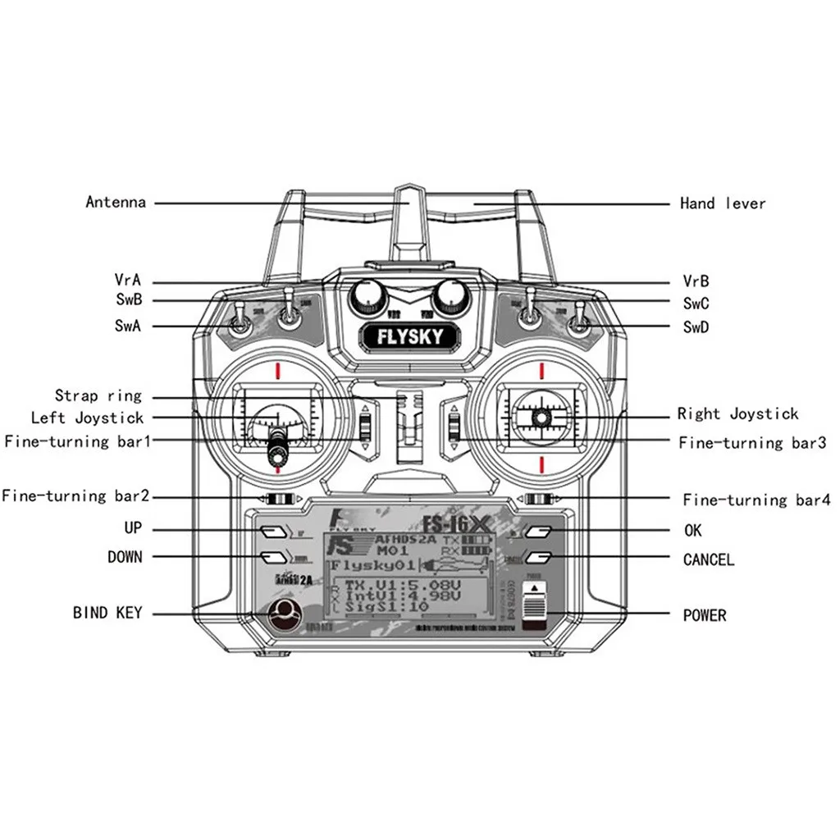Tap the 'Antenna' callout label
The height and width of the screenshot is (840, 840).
(116, 202)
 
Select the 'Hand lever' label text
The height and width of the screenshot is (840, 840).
(722, 203)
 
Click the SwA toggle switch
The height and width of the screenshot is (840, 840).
(240, 324)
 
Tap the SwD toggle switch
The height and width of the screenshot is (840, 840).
(579, 324)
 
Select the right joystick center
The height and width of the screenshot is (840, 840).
(541, 418)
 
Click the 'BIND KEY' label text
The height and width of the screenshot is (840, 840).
(107, 613)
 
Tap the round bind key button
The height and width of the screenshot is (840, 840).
(284, 614)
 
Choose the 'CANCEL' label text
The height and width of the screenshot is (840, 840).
(708, 560)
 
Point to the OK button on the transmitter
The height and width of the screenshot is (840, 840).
(537, 532)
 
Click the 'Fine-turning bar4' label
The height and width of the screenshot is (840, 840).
(756, 500)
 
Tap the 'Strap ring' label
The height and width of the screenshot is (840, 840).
(98, 396)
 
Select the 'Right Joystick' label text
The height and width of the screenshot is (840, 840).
(737, 414)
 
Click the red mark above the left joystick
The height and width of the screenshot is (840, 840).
(278, 370)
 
